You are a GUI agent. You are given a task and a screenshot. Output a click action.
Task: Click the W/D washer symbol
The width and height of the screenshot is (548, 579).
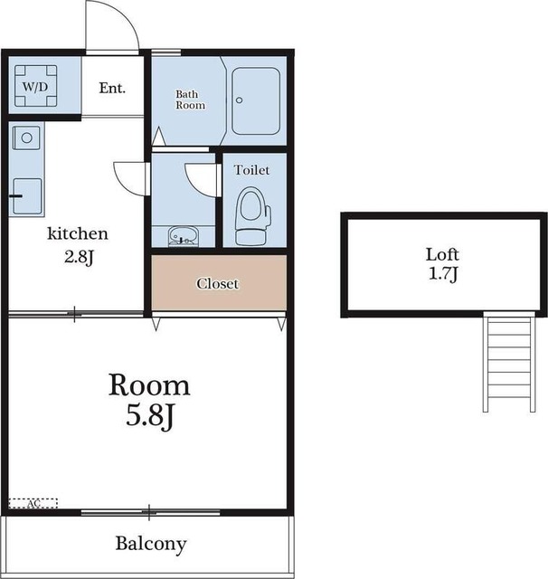tap(36, 86)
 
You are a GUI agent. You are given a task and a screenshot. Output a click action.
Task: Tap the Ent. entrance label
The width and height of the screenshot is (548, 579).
tap(112, 88)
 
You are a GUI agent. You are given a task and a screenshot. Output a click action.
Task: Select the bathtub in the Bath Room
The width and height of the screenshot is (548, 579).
tap(255, 100)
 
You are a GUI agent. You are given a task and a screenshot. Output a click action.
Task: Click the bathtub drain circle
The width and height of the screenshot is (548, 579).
tap(239, 100)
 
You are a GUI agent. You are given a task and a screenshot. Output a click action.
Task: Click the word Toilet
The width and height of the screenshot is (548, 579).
tap(251, 170)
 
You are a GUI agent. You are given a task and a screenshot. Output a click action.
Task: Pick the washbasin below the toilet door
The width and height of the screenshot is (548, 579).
tap(184, 236)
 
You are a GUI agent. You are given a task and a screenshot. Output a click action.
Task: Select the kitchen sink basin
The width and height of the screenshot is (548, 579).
tap(26, 138)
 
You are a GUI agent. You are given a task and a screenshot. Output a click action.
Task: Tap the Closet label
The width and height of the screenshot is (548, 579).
tap(217, 283)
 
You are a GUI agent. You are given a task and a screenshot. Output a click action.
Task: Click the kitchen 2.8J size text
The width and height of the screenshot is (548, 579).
tap(79, 257)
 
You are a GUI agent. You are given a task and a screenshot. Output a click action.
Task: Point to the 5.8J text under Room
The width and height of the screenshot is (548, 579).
tap(149, 416)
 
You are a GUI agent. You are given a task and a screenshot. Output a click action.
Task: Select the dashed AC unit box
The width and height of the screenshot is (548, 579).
tap(33, 503)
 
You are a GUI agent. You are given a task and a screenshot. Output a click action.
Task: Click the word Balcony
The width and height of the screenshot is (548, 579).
tap(151, 544)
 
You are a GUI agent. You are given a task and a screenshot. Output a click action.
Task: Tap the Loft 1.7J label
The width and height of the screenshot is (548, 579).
tap(442, 264)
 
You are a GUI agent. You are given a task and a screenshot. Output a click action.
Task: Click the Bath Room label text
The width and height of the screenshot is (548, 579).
tap(190, 100)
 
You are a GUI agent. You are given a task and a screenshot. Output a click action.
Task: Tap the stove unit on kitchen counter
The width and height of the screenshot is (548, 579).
tap(27, 196)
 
